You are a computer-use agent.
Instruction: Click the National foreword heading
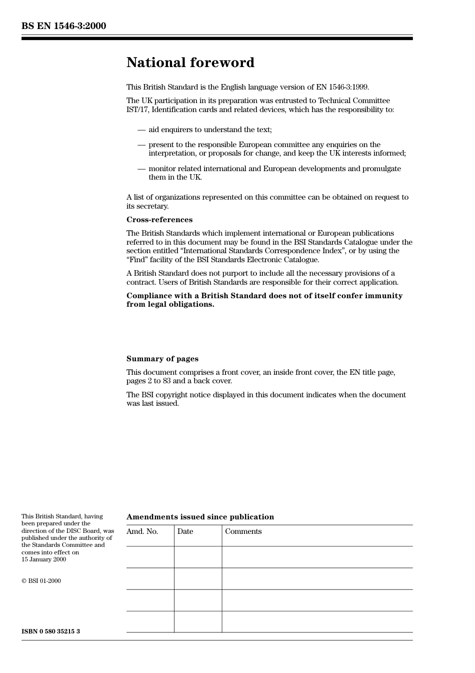(x=190, y=63)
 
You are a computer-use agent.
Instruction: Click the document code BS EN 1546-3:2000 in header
(x=63, y=26)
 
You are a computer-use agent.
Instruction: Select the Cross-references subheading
(x=159, y=220)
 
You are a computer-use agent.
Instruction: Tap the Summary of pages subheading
(x=162, y=359)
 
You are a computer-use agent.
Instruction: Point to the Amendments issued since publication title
(x=200, y=517)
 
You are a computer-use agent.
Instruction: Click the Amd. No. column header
(x=142, y=531)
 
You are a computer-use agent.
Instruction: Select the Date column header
(x=185, y=531)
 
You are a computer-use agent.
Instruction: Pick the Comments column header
(x=243, y=531)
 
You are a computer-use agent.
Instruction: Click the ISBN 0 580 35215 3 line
(x=50, y=631)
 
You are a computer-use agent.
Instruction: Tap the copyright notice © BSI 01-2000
(x=41, y=581)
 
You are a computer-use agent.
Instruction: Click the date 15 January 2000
(x=43, y=559)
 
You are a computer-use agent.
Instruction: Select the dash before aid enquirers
(x=141, y=130)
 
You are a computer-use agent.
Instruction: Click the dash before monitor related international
(x=141, y=169)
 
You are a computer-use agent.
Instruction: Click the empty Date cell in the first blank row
(x=198, y=557)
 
